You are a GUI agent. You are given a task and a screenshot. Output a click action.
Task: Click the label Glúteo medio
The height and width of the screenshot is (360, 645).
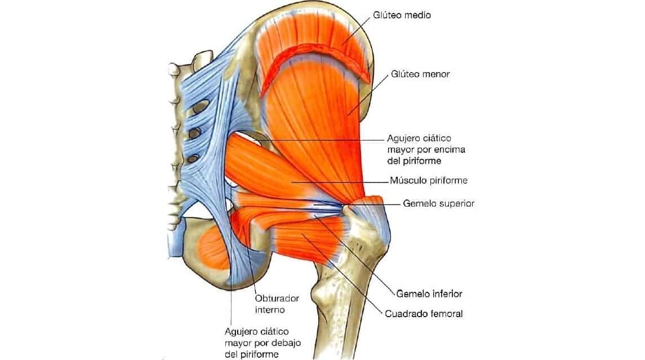(x=402, y=15)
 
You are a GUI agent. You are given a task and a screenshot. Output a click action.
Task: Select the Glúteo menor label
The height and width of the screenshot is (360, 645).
(x=420, y=74)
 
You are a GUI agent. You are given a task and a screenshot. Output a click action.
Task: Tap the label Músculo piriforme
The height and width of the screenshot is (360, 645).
(x=429, y=181)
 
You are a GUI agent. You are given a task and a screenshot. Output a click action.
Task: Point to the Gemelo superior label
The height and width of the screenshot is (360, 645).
(x=438, y=203)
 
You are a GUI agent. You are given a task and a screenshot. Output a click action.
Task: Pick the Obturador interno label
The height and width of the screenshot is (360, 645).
(x=277, y=304)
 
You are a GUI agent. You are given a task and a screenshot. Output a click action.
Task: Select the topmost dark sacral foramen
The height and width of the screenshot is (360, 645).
(x=198, y=107)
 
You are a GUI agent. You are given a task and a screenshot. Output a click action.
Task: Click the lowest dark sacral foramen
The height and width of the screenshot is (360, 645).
(x=193, y=159)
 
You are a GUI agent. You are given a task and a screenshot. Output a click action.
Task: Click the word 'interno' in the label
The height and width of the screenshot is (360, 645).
(x=270, y=309)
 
